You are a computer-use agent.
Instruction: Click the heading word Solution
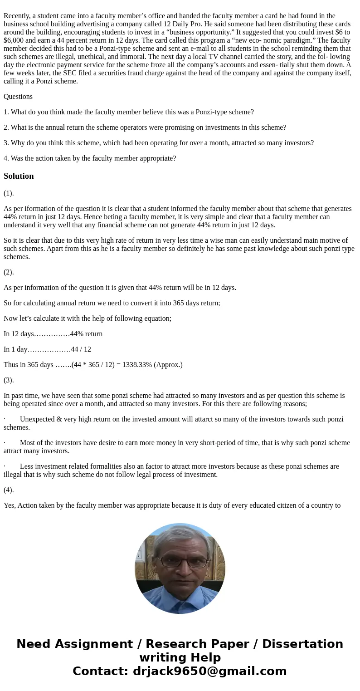pyautogui.click(x=19, y=176)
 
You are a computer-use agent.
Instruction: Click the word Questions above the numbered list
pyautogui.click(x=18, y=97)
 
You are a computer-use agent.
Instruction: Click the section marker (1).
pyautogui.click(x=9, y=193)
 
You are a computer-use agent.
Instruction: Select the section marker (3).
pyautogui.click(x=9, y=380)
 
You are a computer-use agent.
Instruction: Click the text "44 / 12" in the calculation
pyautogui.click(x=81, y=349)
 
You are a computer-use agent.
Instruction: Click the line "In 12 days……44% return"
pyautogui.click(x=53, y=334)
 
